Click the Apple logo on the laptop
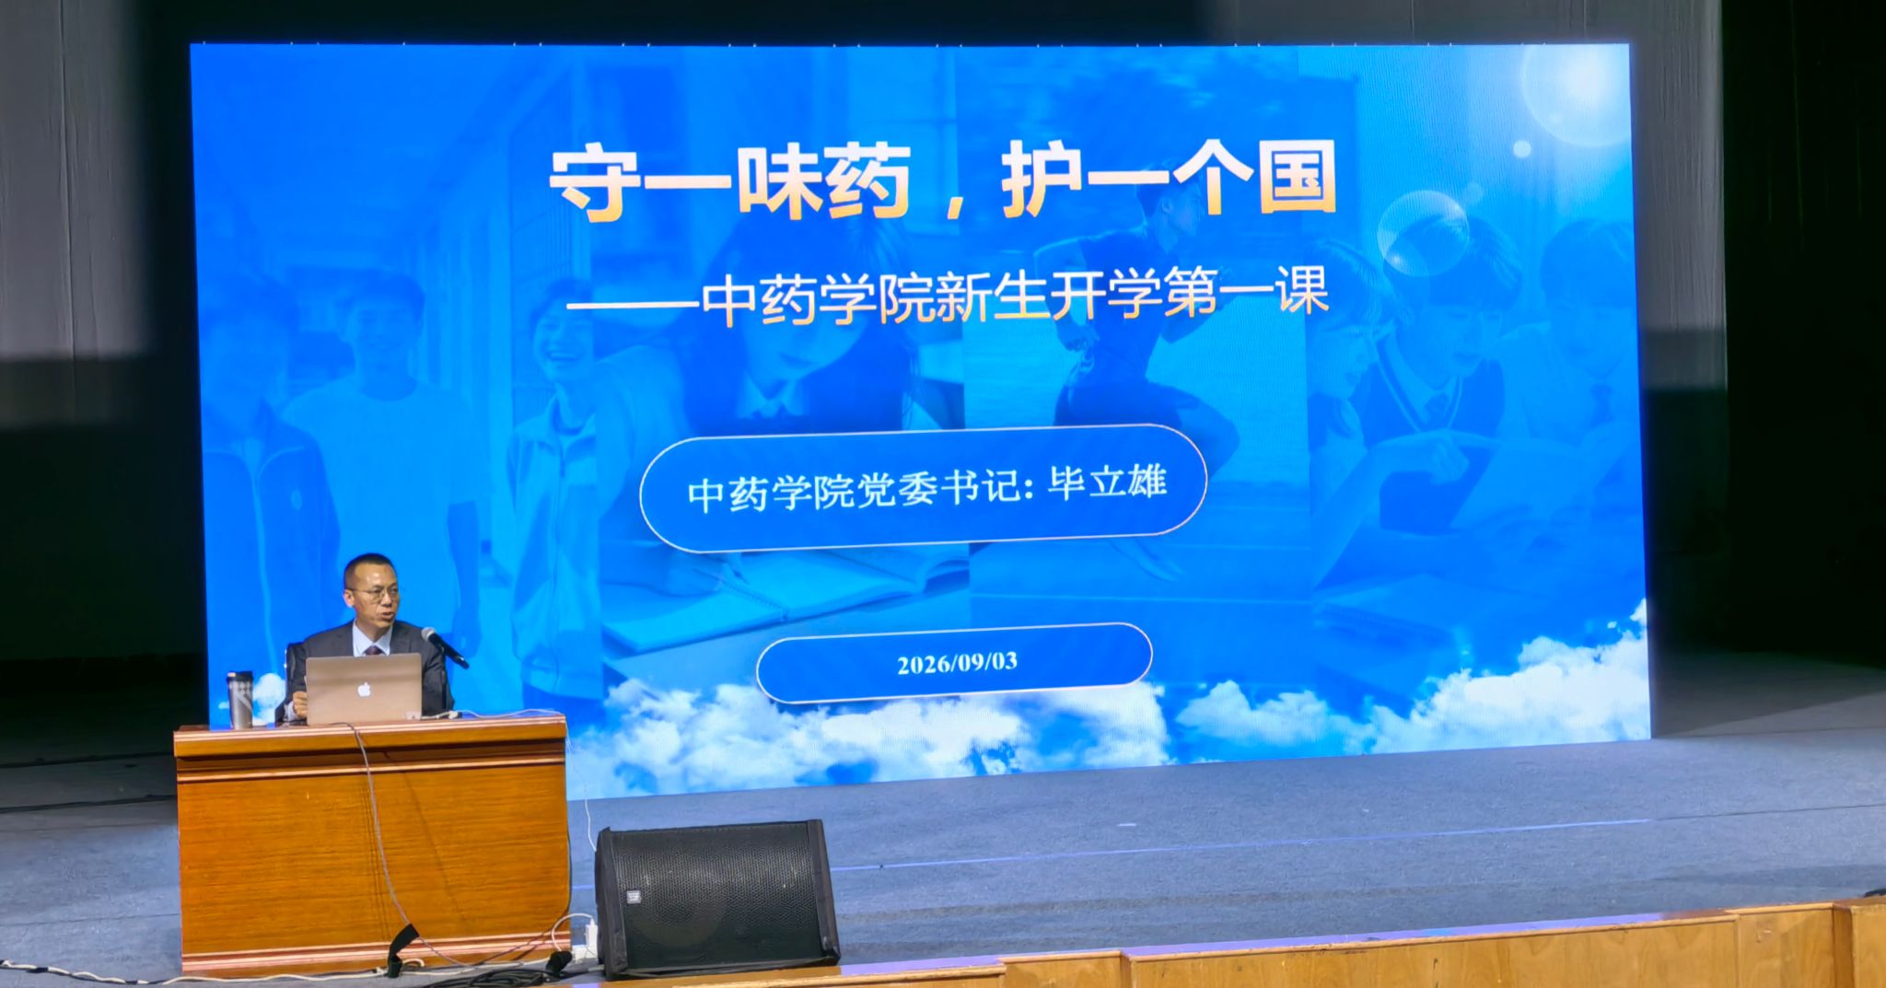(364, 688)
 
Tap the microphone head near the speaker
(429, 634)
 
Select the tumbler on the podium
(239, 700)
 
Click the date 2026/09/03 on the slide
(957, 662)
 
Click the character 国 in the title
(1298, 177)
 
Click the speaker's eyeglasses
(374, 593)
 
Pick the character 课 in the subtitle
(1302, 292)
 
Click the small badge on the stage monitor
(634, 896)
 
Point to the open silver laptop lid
(363, 689)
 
